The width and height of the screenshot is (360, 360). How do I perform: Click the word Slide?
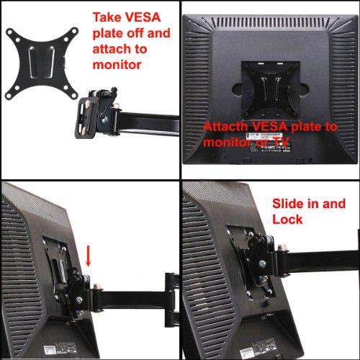click(289, 204)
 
